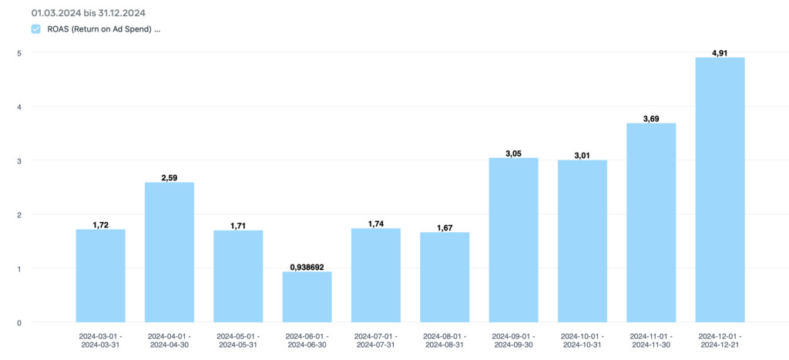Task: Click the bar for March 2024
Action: coord(100,275)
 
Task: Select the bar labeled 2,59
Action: coord(169,252)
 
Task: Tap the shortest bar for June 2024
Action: coord(307,297)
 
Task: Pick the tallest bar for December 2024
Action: coord(720,190)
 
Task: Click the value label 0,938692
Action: coord(307,267)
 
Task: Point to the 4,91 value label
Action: coord(720,53)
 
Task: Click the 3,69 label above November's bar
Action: coord(651,119)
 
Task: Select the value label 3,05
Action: coord(513,153)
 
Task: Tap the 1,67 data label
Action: coord(445,228)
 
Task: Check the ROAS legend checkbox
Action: coord(35,29)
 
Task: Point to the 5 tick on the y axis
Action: coord(18,52)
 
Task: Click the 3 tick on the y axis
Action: coord(18,160)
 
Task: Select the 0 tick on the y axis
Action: coord(18,322)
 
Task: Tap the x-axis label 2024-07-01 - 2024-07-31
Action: coord(376,341)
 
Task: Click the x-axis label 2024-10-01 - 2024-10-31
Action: coord(583,341)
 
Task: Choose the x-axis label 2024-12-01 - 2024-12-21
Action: coord(720,341)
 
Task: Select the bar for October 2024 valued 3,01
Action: coord(583,241)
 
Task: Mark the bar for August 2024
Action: coord(445,277)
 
